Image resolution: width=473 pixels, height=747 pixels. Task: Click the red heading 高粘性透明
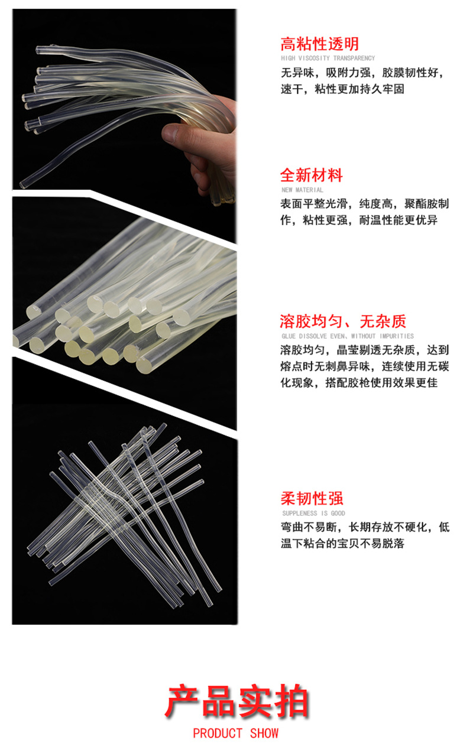[x=319, y=44]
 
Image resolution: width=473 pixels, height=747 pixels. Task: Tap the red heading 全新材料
[x=312, y=176]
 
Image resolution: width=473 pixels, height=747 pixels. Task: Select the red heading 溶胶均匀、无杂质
[x=343, y=321]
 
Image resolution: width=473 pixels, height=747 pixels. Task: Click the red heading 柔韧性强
[x=312, y=498]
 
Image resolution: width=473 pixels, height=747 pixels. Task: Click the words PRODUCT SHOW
[x=235, y=733]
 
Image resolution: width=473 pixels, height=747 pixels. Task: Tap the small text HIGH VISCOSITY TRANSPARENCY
[x=328, y=59]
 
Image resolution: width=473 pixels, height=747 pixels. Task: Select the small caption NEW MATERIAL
[x=302, y=190]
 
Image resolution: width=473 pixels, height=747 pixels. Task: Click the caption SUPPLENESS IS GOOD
[x=313, y=514]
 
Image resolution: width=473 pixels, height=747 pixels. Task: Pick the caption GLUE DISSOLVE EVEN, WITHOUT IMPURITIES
[x=347, y=336]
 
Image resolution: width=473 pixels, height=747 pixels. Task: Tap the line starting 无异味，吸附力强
[x=362, y=74]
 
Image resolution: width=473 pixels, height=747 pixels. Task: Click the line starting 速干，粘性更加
[x=342, y=89]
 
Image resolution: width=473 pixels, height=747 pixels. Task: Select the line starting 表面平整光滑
[x=364, y=204]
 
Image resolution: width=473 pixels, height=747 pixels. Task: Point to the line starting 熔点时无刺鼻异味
[x=364, y=366]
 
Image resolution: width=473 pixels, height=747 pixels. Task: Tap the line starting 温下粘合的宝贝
[x=342, y=544]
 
